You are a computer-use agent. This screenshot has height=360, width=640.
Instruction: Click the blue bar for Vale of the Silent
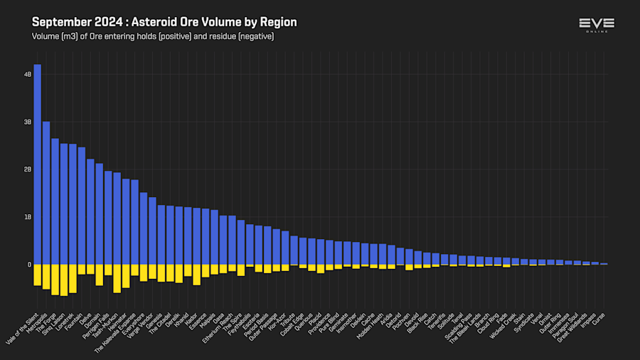click(37, 164)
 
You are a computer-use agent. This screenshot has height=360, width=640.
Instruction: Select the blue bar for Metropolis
click(46, 192)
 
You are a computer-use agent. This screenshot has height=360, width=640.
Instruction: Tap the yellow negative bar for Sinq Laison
click(64, 280)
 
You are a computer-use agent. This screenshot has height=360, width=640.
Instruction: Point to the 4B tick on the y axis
click(28, 74)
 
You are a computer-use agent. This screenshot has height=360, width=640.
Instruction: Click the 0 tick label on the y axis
click(29, 265)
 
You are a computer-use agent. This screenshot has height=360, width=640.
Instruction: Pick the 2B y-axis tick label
click(28, 169)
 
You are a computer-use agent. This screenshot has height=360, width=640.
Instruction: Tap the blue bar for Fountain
click(82, 206)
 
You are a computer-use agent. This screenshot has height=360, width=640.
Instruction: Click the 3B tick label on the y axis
click(28, 122)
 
